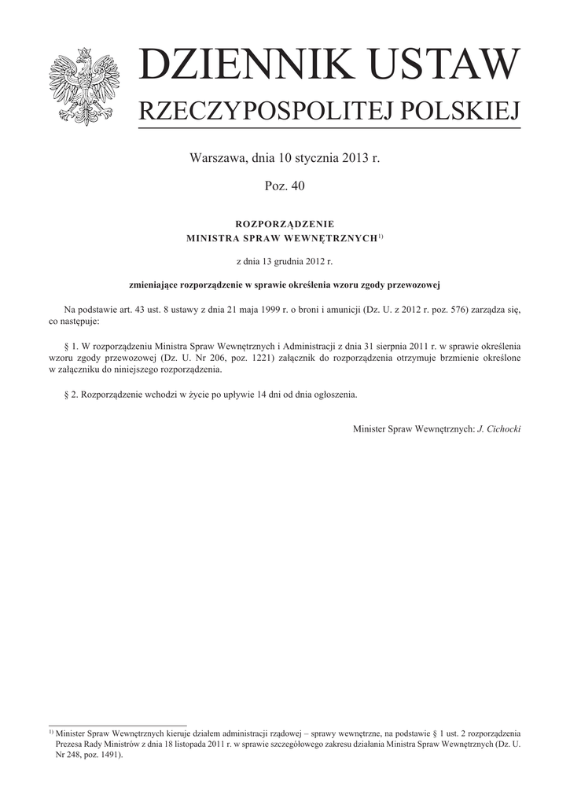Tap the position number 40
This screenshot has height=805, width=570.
point(297,186)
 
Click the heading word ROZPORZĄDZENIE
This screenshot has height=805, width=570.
point(285,224)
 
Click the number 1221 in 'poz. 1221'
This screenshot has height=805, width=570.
point(259,356)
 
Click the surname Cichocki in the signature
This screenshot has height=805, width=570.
point(503,430)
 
